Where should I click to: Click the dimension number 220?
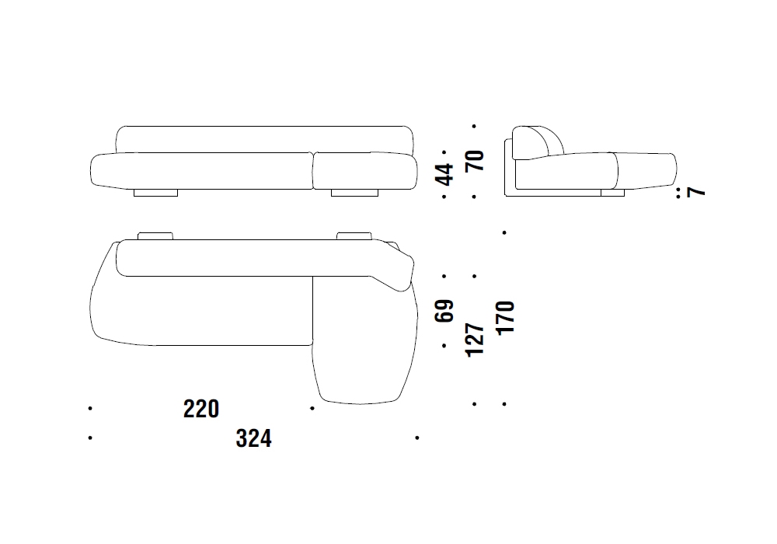click(201, 410)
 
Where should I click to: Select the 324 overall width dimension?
click(254, 438)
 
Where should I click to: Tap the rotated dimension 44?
click(444, 174)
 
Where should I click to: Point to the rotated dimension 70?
click(475, 161)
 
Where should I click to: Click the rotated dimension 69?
click(444, 311)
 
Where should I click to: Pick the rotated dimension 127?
click(475, 340)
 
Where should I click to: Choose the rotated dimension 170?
click(506, 318)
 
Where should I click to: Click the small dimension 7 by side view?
click(696, 191)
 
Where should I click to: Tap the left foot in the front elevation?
click(155, 193)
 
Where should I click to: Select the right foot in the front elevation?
click(354, 193)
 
